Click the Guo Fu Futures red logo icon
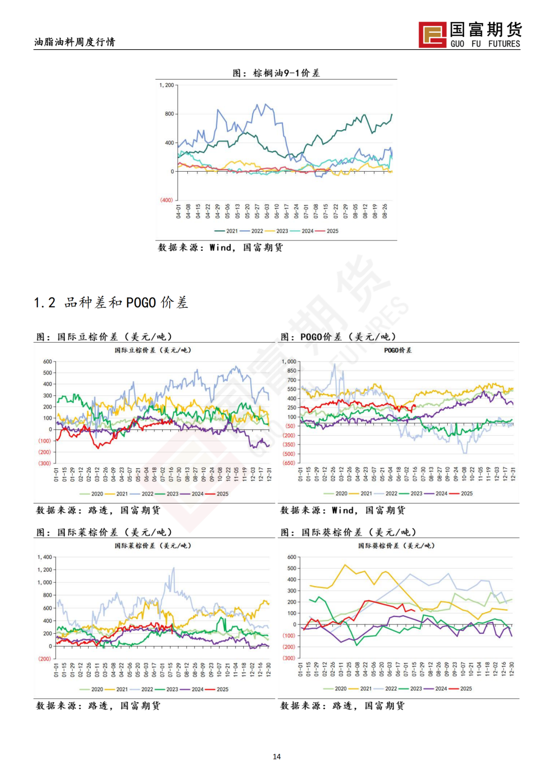432,35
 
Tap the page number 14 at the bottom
276,756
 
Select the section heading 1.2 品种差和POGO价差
111,303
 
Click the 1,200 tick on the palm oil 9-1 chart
166,85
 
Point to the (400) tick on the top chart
166,200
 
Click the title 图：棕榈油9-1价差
276,73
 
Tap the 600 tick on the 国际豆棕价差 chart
47,362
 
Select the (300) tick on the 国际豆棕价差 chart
45,463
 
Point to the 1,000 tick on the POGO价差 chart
289,362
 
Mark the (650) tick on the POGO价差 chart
289,463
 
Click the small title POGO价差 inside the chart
398,350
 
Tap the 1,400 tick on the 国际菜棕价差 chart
45,557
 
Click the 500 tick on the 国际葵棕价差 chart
291,568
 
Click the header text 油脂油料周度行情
74,42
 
